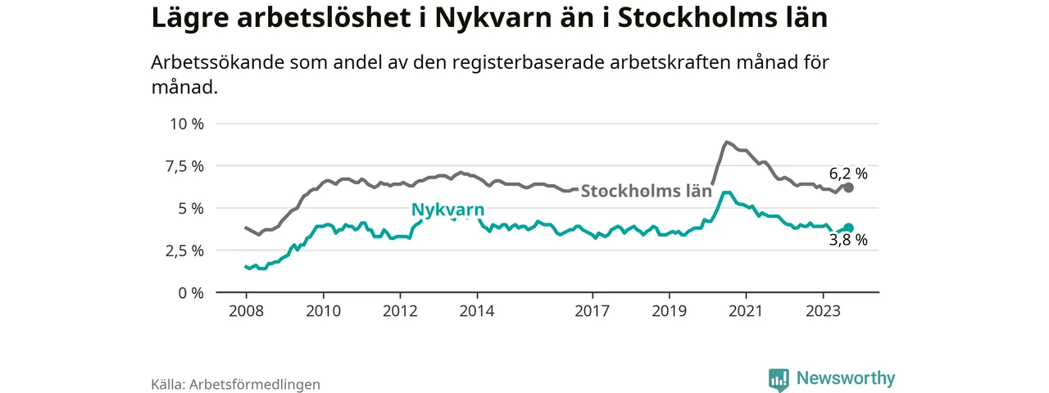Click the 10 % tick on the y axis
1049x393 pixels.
point(186,124)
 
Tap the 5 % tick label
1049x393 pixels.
point(191,208)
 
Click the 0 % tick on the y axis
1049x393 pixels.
point(191,292)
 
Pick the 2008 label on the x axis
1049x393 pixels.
point(246,311)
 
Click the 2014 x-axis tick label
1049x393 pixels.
point(477,311)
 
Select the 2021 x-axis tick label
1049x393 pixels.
point(746,311)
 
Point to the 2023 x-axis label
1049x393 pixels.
point(823,311)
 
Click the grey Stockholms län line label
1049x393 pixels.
point(646,191)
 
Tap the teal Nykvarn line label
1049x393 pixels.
point(447,210)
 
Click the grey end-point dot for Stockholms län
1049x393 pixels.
point(849,187)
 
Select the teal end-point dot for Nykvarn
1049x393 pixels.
point(849,228)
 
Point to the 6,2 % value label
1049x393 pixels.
point(848,173)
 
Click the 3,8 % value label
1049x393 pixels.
point(848,241)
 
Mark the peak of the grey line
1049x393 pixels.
point(727,142)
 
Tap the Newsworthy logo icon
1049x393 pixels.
point(779,379)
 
